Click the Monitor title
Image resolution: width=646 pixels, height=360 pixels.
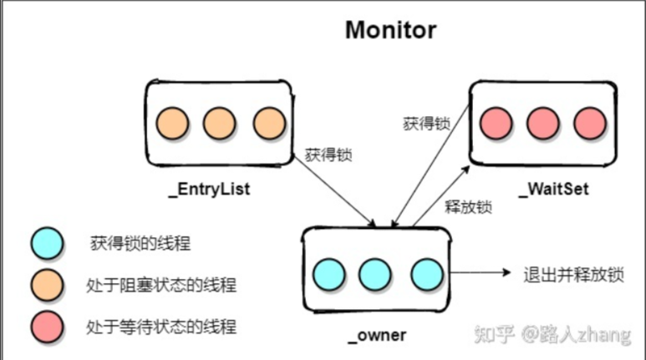coord(391,31)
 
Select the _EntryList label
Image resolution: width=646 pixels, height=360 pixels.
coord(209,190)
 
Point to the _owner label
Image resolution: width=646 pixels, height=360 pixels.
coord(376,335)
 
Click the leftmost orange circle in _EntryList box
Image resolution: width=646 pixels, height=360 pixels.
coord(173,123)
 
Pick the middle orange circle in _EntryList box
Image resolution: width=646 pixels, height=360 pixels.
coord(220,123)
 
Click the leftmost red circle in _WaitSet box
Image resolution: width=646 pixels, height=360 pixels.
coord(496,124)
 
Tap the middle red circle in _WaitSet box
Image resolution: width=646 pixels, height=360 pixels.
coord(543,124)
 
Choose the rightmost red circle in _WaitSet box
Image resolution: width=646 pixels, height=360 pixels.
coord(590,124)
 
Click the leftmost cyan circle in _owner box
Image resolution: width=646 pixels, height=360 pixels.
coord(328,273)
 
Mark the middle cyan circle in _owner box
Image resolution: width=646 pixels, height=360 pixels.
coord(375,273)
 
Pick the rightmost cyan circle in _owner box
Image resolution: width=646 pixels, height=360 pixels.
coord(425,273)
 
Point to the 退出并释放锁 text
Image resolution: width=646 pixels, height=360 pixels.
coord(572,274)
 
